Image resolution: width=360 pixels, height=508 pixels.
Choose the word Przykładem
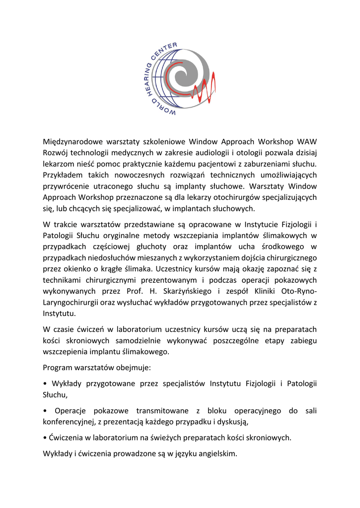tap(64, 175)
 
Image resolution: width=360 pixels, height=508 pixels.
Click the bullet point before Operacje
tap(45, 411)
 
